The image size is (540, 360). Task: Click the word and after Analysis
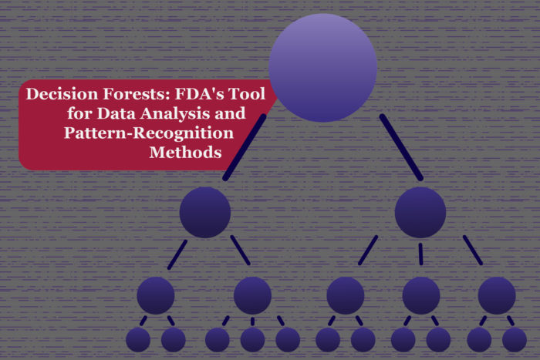pyautogui.click(x=228, y=115)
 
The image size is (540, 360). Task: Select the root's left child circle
pyautogui.click(x=205, y=212)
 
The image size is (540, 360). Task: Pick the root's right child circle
pyautogui.click(x=420, y=212)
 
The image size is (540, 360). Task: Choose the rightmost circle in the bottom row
pyautogui.click(x=515, y=339)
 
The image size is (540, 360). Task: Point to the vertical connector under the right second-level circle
pyautogui.click(x=420, y=252)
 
